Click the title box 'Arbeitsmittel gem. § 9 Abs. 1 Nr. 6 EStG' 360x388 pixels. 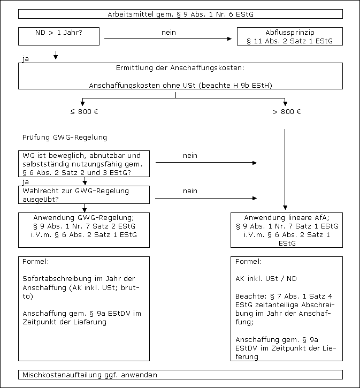coord(180,14)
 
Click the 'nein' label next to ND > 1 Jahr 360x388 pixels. coord(168,33)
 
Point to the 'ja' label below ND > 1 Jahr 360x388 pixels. coord(26,58)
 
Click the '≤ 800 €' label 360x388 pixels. coord(83,112)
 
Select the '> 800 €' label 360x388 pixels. coord(287,112)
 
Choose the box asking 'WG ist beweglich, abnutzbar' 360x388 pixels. coord(83,164)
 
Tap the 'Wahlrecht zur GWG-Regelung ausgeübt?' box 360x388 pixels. coord(83,195)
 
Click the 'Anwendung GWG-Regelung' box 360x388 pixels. coord(83,230)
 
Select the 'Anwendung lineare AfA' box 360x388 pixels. coord(286,230)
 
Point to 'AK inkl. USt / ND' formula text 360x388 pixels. coord(266,279)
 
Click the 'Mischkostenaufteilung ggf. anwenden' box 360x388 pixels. coord(180,375)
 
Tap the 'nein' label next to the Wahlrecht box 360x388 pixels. coord(190,191)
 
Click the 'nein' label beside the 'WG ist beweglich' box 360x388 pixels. coord(190,156)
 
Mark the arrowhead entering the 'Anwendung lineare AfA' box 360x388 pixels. coord(285,210)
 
